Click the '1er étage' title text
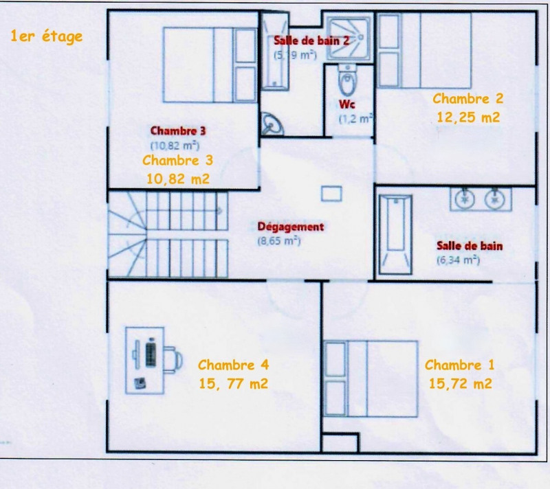(x=46, y=37)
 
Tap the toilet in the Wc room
(x=348, y=80)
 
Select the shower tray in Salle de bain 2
(x=348, y=38)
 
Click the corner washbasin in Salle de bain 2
(x=272, y=124)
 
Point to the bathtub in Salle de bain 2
(x=276, y=51)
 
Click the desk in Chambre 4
(x=145, y=361)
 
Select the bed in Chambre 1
(x=371, y=378)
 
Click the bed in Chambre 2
(x=425, y=50)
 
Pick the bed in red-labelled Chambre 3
(x=210, y=65)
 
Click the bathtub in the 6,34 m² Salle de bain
(x=395, y=234)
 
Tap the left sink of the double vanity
(x=465, y=199)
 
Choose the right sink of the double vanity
(x=494, y=199)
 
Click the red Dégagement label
(x=291, y=227)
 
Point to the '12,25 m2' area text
(x=468, y=117)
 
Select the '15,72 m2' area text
(x=460, y=383)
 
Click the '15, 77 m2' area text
(x=233, y=383)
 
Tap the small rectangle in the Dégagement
(x=331, y=194)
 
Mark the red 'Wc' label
(x=347, y=104)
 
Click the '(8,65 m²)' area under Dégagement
(x=279, y=241)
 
